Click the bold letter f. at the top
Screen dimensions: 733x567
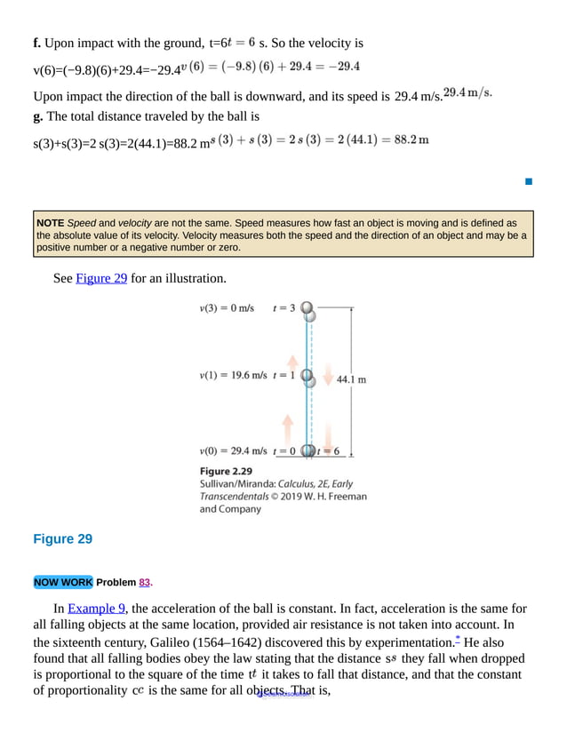pyautogui.click(x=37, y=43)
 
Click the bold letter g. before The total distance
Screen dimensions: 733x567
pyautogui.click(x=38, y=116)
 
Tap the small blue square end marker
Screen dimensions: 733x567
pyautogui.click(x=528, y=181)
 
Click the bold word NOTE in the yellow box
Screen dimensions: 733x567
pyautogui.click(x=51, y=223)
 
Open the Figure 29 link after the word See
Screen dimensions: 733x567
pyautogui.click(x=101, y=278)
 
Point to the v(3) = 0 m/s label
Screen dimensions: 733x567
pyautogui.click(x=227, y=308)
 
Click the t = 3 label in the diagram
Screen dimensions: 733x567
pyautogui.click(x=283, y=308)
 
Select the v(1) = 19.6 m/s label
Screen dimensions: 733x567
pyautogui.click(x=233, y=375)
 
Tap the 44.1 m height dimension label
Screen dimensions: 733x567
pyautogui.click(x=351, y=379)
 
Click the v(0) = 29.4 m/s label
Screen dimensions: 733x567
pyautogui.click(x=233, y=450)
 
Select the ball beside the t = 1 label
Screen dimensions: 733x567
pyautogui.click(x=307, y=377)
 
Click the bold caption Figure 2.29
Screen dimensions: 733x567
pyautogui.click(x=226, y=471)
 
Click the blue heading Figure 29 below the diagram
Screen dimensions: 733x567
pyautogui.click(x=62, y=539)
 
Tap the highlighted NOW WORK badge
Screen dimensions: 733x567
pyautogui.click(x=62, y=583)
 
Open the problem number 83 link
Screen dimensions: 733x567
pyautogui.click(x=145, y=583)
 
